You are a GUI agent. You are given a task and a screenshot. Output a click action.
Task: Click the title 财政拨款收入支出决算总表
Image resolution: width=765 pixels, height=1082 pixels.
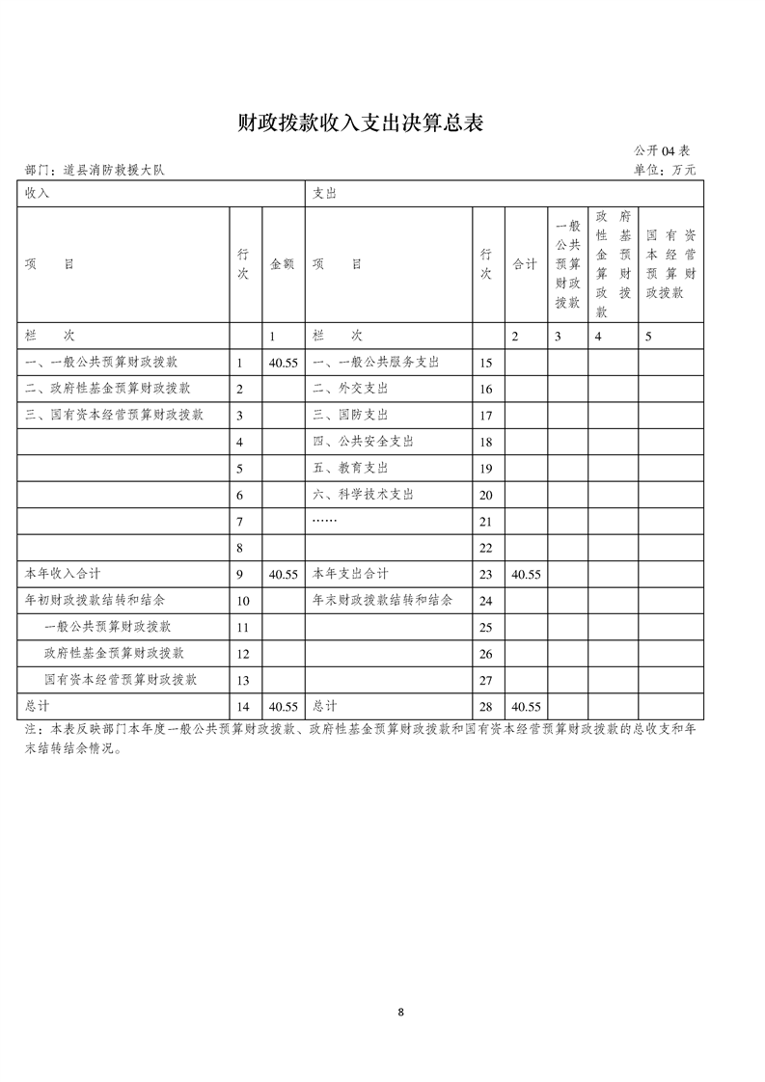pyautogui.click(x=360, y=123)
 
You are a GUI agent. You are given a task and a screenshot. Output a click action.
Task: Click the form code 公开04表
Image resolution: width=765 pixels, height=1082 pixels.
pyautogui.click(x=662, y=151)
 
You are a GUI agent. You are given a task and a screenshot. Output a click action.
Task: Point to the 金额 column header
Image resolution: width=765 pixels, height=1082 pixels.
pyautogui.click(x=283, y=264)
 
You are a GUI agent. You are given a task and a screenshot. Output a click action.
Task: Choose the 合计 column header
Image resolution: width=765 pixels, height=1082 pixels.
pyautogui.click(x=525, y=264)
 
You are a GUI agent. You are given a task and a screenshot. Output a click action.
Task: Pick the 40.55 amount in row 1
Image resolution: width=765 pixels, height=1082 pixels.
pyautogui.click(x=283, y=363)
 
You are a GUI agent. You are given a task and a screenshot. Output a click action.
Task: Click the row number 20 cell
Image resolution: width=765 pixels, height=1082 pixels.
pyautogui.click(x=486, y=495)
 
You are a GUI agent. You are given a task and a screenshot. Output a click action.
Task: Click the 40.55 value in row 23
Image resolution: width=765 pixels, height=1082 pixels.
pyautogui.click(x=526, y=574)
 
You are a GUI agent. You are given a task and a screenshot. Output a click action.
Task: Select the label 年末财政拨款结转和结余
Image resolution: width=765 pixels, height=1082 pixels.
pyautogui.click(x=382, y=600)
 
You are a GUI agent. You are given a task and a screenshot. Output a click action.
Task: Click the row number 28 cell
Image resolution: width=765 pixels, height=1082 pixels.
pyautogui.click(x=486, y=706)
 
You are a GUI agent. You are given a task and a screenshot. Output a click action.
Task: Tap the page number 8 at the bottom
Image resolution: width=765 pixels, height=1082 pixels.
pyautogui.click(x=400, y=1012)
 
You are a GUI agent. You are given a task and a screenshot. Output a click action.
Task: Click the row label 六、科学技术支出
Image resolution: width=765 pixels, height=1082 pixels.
pyautogui.click(x=363, y=495)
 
